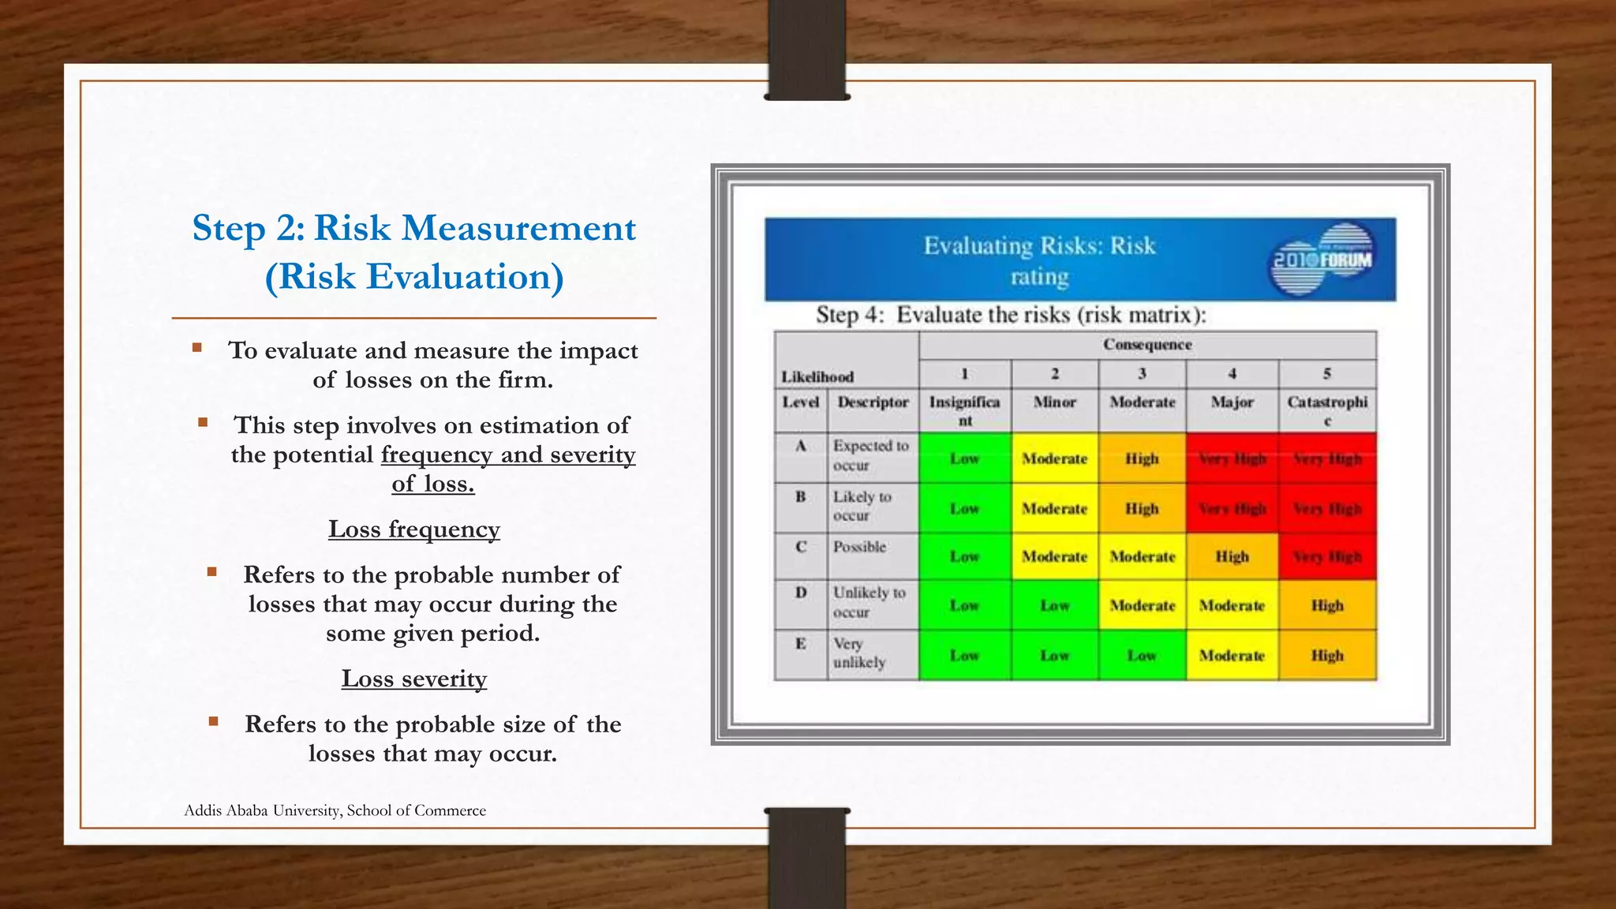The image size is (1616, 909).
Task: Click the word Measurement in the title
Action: point(517,229)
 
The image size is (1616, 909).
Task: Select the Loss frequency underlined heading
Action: point(413,529)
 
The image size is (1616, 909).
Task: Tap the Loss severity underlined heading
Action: point(413,679)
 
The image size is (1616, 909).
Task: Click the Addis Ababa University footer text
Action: point(335,810)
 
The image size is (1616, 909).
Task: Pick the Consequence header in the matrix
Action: point(1147,345)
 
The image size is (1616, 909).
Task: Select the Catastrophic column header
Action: point(1326,410)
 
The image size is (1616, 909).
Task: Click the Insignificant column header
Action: point(964,410)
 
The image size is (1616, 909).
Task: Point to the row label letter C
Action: point(800,547)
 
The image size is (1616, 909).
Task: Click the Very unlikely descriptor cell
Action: point(859,653)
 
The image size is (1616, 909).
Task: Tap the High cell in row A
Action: point(1142,458)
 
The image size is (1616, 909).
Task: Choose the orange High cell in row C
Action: point(1232,557)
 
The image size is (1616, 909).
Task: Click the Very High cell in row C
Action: point(1326,557)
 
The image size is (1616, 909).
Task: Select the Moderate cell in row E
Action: point(1232,656)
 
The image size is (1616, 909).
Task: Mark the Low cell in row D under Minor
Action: point(1054,606)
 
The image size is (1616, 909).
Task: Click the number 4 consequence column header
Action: point(1232,374)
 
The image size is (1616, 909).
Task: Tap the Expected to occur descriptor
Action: point(870,455)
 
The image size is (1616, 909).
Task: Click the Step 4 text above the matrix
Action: point(1010,315)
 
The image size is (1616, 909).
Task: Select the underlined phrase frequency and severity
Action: point(508,455)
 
